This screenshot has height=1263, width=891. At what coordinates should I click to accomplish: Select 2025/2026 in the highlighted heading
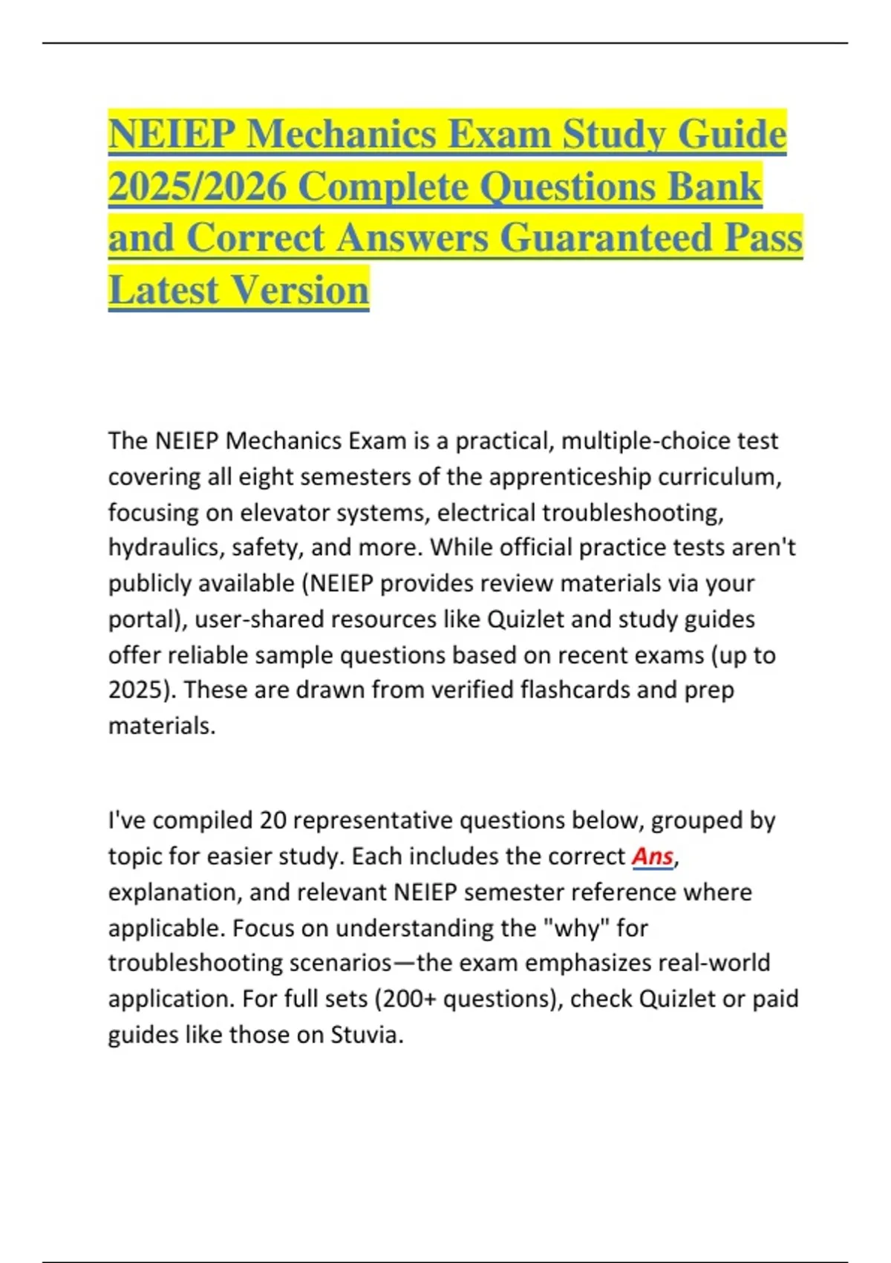tap(197, 186)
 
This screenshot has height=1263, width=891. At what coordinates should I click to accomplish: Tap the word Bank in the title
tap(714, 186)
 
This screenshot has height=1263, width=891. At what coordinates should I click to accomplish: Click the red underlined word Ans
tap(652, 857)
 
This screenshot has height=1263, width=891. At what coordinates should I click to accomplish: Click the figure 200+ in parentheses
tap(406, 999)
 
